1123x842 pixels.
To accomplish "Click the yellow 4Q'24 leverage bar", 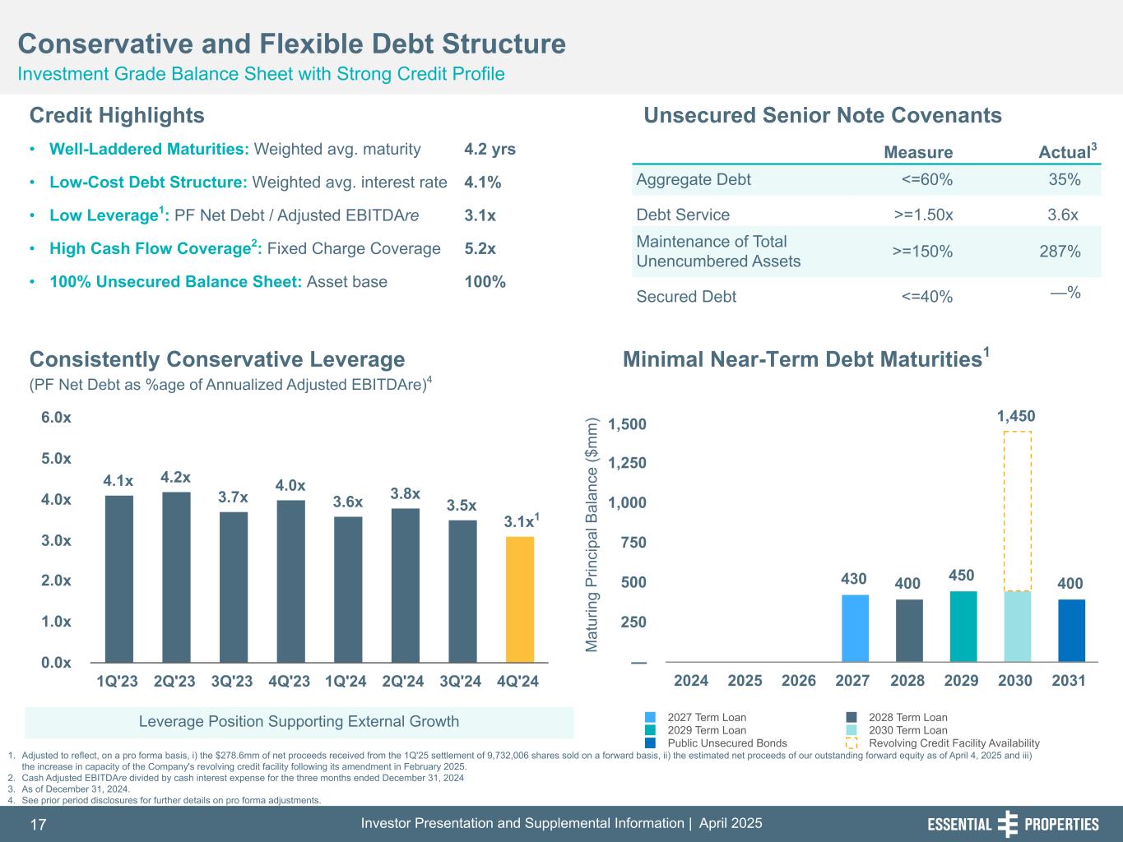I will coord(520,599).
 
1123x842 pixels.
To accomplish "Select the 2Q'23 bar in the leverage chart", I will coord(176,576).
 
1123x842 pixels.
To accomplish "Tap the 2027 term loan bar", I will coord(855,628).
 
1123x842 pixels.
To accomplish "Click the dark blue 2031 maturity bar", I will coord(1071,631).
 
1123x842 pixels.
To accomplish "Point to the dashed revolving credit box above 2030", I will coord(1018,510).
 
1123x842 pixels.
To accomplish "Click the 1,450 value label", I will coord(1016,417).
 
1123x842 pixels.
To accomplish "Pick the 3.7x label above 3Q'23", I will coord(233,497).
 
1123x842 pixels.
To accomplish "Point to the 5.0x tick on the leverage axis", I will coord(56,458).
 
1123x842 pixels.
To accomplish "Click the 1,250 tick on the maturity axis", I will coord(627,463).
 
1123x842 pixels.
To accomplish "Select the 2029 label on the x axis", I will coord(961,681).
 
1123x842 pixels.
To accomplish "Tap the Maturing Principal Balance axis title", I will coord(592,536).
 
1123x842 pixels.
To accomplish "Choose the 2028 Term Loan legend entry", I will coord(907,718).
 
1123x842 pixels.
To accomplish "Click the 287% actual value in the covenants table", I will coord(1060,252).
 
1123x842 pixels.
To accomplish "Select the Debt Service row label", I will coord(683,215).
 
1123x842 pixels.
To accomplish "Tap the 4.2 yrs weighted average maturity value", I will coord(490,150).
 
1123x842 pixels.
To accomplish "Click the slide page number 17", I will coord(39,825).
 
